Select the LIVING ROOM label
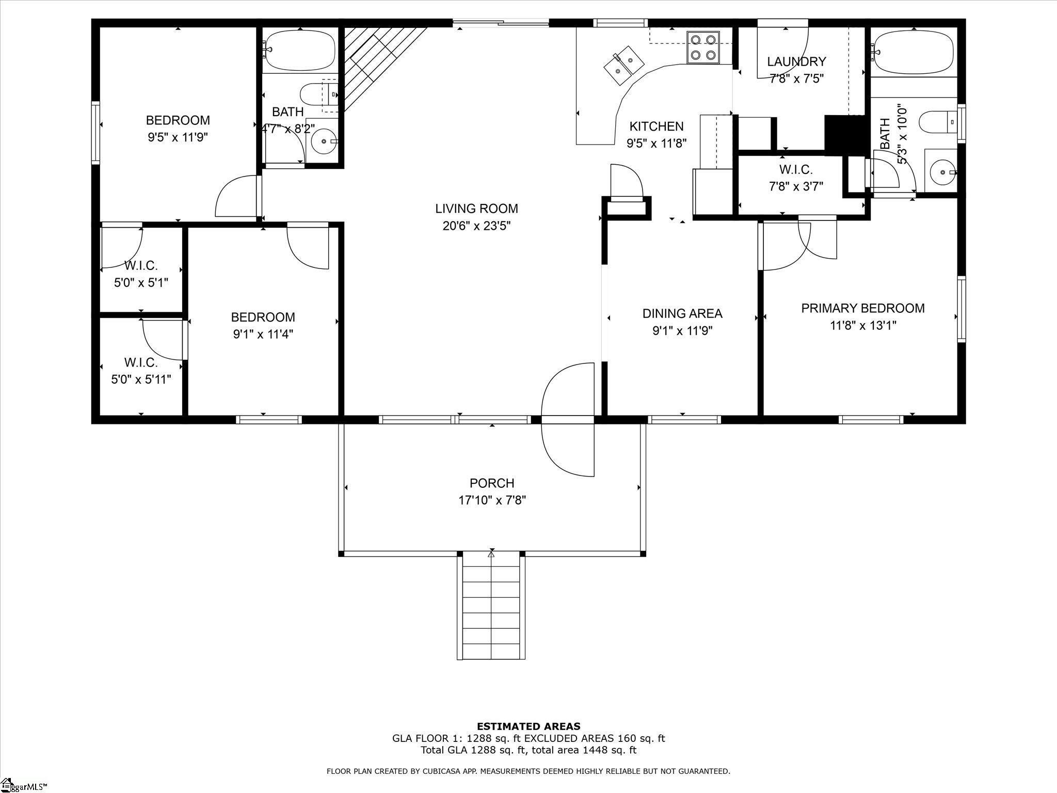[x=476, y=209]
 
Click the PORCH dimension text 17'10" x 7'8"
[x=492, y=500]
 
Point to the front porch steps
[x=491, y=605]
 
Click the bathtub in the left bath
[x=300, y=50]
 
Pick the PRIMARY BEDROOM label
[x=862, y=308]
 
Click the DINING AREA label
[x=682, y=313]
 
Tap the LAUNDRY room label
[x=796, y=62]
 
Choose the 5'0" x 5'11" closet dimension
[x=141, y=379]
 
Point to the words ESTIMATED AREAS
[x=528, y=726]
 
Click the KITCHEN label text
[x=656, y=126]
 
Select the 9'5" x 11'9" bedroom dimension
[x=178, y=137]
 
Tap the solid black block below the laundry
[x=845, y=135]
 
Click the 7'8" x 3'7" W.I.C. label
[x=796, y=186]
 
